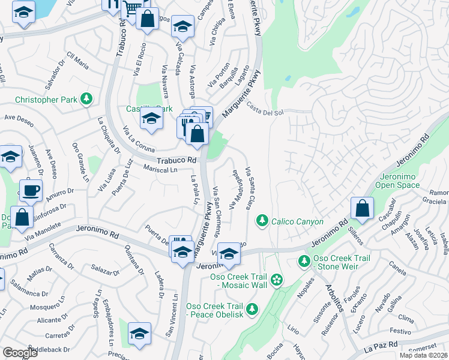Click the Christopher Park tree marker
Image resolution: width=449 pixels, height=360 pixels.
point(87,98)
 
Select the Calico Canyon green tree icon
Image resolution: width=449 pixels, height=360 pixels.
point(262,222)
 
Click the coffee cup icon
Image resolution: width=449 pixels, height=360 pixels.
point(31,190)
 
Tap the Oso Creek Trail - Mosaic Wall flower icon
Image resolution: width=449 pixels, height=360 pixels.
point(276,280)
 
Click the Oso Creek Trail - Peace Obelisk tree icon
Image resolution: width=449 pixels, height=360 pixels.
point(252,309)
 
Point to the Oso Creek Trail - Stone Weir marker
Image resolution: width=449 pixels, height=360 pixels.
point(303,262)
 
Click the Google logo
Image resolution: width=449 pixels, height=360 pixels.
point(20,353)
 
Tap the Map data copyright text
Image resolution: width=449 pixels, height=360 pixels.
point(423,355)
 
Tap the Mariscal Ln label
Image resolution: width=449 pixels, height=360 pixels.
point(160,170)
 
